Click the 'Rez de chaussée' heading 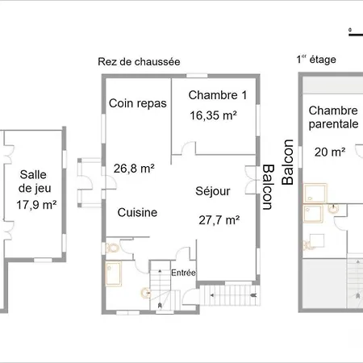[x=139, y=62]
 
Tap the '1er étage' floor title [x=316, y=60]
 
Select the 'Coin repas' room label [x=138, y=103]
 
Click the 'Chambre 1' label [x=218, y=95]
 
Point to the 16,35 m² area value [x=213, y=115]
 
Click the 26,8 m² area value [x=134, y=169]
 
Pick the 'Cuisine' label [x=137, y=213]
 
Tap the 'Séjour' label [x=213, y=191]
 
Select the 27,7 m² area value [x=219, y=220]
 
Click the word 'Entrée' [x=183, y=273]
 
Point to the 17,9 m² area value [x=36, y=205]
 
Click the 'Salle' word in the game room [x=33, y=175]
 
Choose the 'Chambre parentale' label [x=333, y=117]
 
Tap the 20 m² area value [x=330, y=152]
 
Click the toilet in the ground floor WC [x=112, y=248]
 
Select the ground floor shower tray [x=114, y=273]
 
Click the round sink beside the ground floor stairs [x=146, y=293]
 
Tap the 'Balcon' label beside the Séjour [x=268, y=187]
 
